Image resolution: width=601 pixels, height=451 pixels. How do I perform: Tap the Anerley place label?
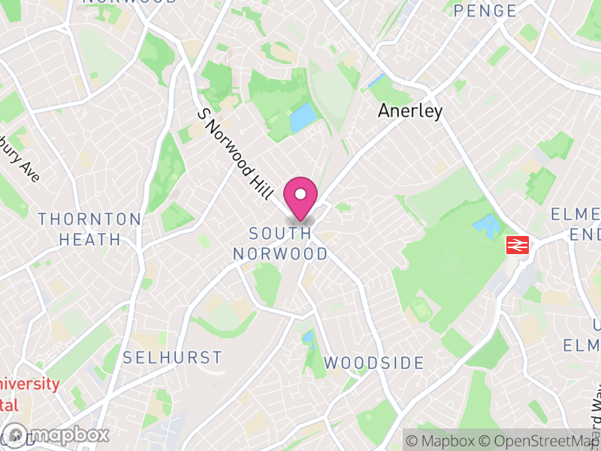pyautogui.click(x=410, y=111)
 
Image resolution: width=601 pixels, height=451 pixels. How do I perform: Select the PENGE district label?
pyautogui.click(x=485, y=11)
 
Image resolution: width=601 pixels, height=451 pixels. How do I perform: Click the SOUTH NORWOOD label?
pyautogui.click(x=280, y=244)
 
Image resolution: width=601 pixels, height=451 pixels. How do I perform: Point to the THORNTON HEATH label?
pyautogui.click(x=89, y=229)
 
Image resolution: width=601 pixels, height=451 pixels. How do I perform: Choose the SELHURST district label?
pyautogui.click(x=173, y=357)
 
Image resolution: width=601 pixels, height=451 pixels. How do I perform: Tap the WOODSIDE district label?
pyautogui.click(x=374, y=363)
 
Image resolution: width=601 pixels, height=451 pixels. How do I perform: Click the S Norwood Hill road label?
pyautogui.click(x=234, y=153)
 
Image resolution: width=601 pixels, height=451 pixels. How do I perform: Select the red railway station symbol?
pyautogui.click(x=518, y=244)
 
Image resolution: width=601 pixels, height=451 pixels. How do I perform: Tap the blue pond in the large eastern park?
pyautogui.click(x=486, y=225)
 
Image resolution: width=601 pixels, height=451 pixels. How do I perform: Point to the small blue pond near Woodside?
pyautogui.click(x=307, y=339)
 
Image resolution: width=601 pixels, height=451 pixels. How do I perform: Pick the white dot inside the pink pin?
pyautogui.click(x=300, y=194)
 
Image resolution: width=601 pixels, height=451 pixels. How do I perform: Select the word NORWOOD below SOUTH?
pyautogui.click(x=280, y=254)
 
